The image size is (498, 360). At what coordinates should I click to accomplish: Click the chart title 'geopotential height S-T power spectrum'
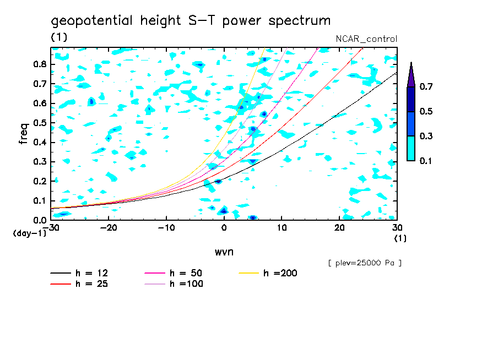pyautogui.click(x=191, y=21)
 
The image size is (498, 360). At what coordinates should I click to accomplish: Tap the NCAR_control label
pyautogui.click(x=366, y=39)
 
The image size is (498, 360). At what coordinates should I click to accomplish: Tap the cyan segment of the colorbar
pyautogui.click(x=411, y=148)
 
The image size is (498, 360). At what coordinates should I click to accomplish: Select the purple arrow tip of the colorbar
pyautogui.click(x=411, y=75)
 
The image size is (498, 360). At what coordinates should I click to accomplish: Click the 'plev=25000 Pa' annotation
pyautogui.click(x=365, y=263)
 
